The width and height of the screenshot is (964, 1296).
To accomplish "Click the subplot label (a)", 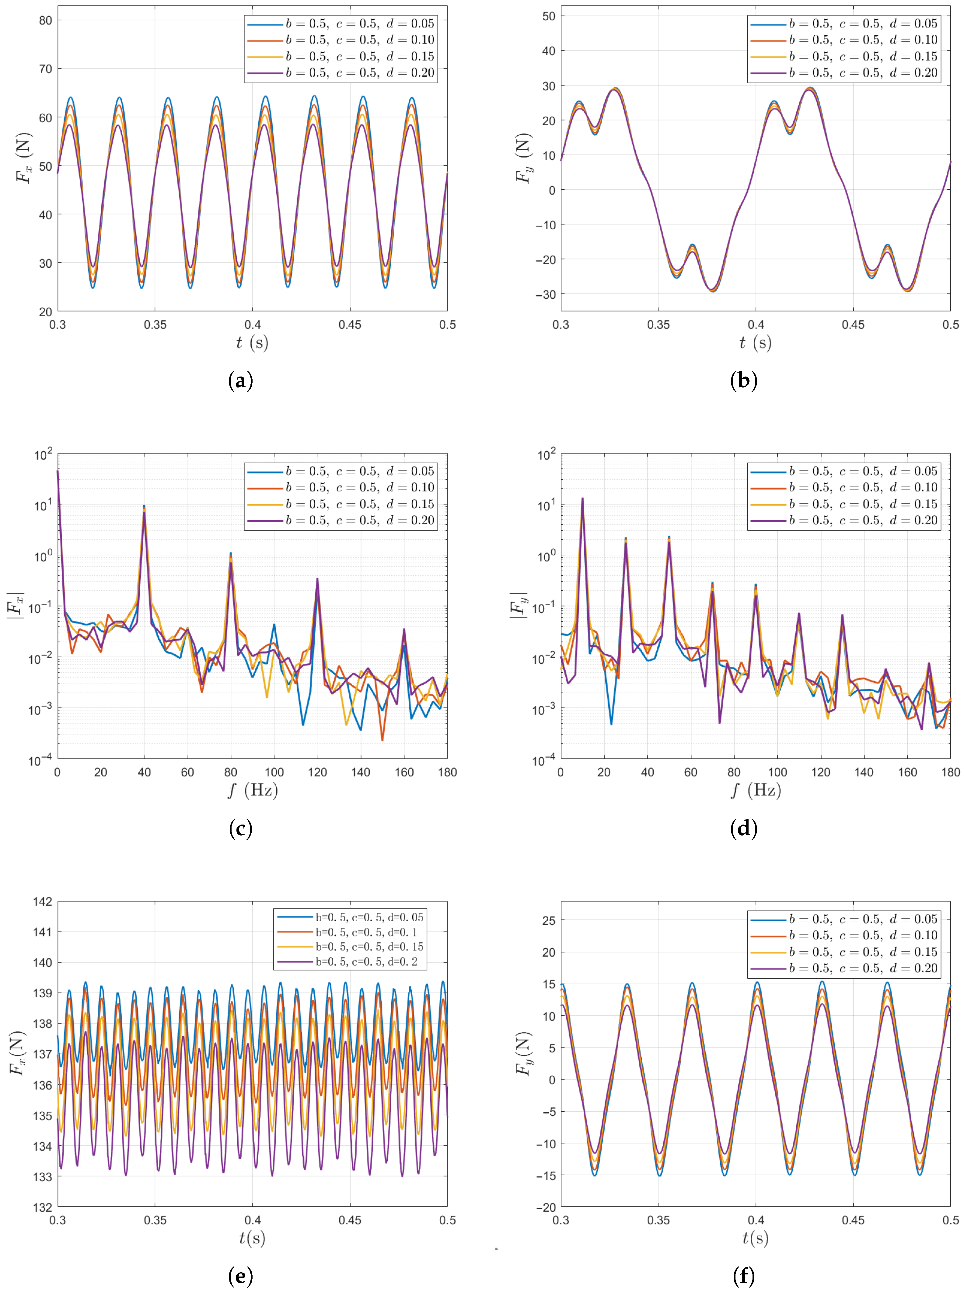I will tap(240, 381).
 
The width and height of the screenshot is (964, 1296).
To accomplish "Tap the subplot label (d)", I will tap(743, 828).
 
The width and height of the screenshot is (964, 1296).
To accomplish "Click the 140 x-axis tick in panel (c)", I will tap(361, 772).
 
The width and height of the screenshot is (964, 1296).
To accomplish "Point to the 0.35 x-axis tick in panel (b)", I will tap(658, 325).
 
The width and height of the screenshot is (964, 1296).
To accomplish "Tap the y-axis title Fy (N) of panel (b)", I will tap(523, 158).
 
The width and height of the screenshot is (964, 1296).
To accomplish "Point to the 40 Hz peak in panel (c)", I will tap(144, 506).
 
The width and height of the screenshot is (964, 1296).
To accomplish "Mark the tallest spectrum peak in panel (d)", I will tap(582, 499).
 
